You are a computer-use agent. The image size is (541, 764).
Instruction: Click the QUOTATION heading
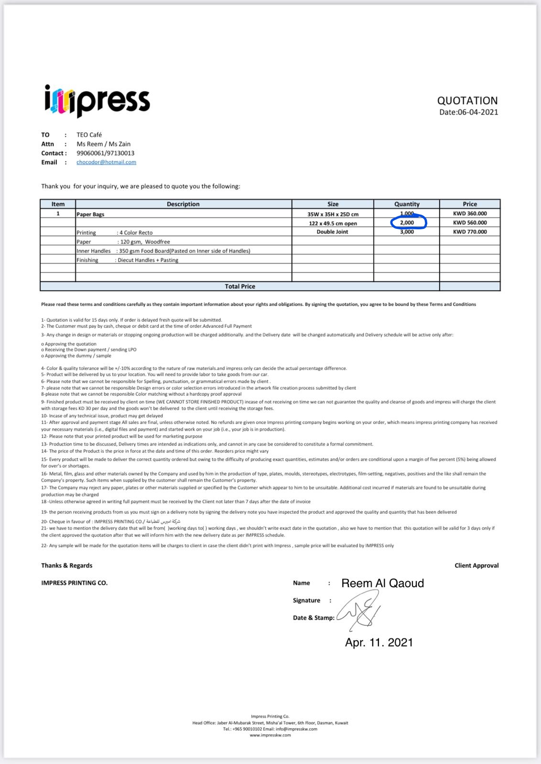tap(467, 100)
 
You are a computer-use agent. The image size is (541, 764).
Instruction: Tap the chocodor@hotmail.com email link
tap(106, 162)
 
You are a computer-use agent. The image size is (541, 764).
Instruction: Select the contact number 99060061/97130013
tap(105, 153)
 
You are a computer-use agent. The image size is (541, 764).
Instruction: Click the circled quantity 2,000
tap(407, 223)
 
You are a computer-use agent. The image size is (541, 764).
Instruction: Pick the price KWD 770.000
tap(470, 232)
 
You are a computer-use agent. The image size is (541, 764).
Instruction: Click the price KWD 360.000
tap(470, 214)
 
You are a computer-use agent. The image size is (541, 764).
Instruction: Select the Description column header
tap(183, 204)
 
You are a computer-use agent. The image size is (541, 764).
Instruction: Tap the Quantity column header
tap(407, 204)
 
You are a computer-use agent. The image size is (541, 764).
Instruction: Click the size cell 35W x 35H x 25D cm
tap(333, 214)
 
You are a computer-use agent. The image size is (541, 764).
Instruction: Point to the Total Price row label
tap(240, 286)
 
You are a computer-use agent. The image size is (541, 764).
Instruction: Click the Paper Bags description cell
tap(90, 214)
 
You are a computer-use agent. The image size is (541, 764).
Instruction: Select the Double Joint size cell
tap(333, 232)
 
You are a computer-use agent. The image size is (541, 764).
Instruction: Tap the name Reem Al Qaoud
tap(382, 583)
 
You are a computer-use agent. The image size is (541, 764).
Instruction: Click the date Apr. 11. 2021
tap(379, 643)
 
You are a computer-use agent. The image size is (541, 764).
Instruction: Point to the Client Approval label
tap(476, 565)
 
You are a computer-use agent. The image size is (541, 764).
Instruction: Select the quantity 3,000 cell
tap(407, 232)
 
